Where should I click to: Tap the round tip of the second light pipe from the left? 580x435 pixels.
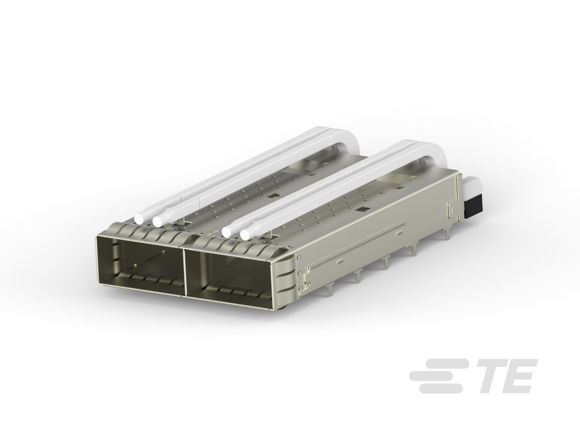pyautogui.click(x=158, y=221)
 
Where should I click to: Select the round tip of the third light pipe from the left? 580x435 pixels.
pyautogui.click(x=228, y=232)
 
